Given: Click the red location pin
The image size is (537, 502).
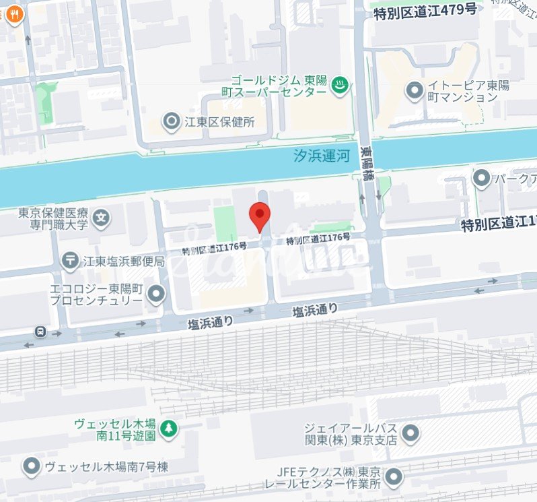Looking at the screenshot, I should [260, 215].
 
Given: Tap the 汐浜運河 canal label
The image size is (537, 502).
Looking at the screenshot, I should [323, 156].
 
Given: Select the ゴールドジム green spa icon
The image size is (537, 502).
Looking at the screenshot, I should [341, 85].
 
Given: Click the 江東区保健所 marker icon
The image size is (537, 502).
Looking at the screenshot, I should [172, 122].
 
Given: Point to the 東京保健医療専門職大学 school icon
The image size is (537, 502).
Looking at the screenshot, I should [101, 218].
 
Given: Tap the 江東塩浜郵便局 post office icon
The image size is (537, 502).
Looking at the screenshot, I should [70, 260].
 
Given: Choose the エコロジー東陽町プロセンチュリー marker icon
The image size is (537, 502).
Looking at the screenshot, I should [157, 294].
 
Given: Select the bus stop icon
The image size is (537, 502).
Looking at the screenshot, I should [41, 332].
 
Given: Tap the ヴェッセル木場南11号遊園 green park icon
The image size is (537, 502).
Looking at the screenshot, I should [168, 427].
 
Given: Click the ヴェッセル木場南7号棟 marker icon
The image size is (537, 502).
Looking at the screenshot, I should [31, 466].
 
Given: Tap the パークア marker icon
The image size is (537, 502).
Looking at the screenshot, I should [481, 179].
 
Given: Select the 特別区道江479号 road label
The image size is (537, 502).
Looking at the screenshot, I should [425, 9].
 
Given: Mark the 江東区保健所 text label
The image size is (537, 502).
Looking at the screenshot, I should [219, 122].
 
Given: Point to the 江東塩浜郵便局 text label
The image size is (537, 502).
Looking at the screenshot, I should [124, 260].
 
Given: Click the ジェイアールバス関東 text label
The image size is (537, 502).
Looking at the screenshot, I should [350, 433].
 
